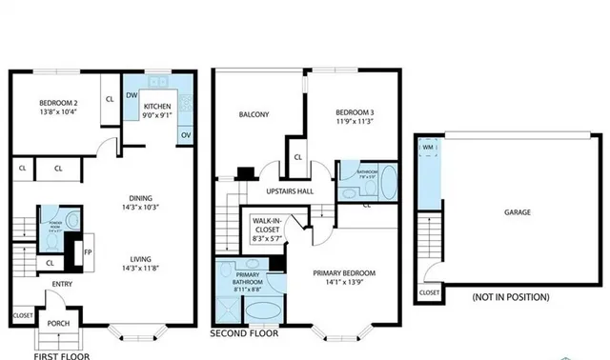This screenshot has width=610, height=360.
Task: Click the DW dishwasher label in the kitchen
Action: click(132, 95)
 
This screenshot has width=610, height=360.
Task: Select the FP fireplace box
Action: click(89, 253)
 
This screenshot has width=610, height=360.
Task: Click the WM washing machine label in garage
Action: click(429, 148)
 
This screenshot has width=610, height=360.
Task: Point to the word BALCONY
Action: click(254, 114)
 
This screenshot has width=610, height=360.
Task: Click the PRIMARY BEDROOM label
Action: click(345, 273)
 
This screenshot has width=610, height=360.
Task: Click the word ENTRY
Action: click(63, 283)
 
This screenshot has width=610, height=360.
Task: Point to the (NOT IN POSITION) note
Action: click(511, 297)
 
